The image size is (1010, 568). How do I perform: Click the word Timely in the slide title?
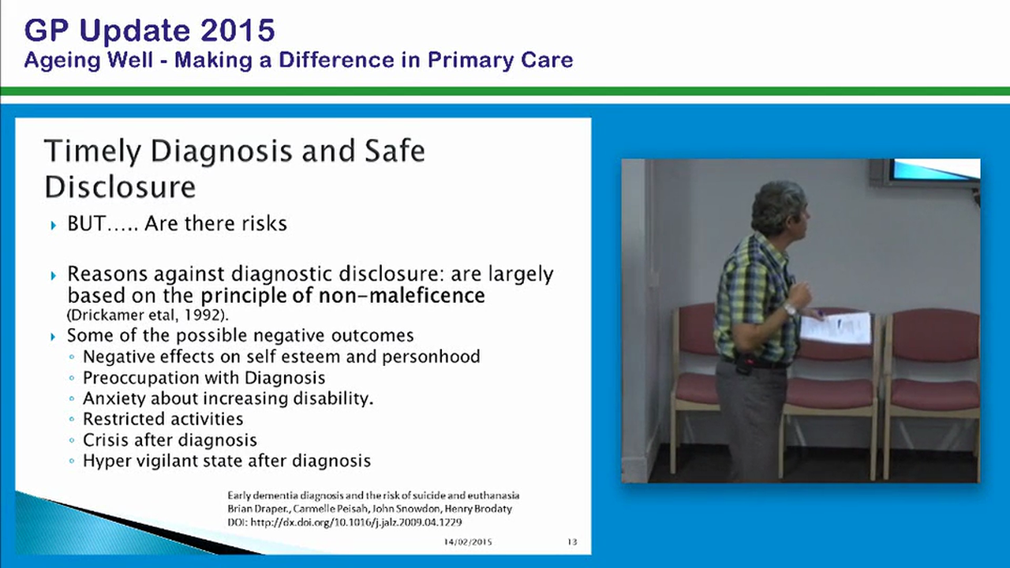tap(92, 151)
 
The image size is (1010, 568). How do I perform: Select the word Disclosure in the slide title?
tap(120, 187)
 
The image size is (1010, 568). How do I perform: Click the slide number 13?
tap(572, 543)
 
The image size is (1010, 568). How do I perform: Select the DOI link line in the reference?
tap(345, 522)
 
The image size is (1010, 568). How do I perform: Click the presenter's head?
tap(777, 207)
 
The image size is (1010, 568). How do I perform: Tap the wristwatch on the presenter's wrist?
tap(790, 309)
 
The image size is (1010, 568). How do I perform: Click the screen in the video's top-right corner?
tap(935, 170)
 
